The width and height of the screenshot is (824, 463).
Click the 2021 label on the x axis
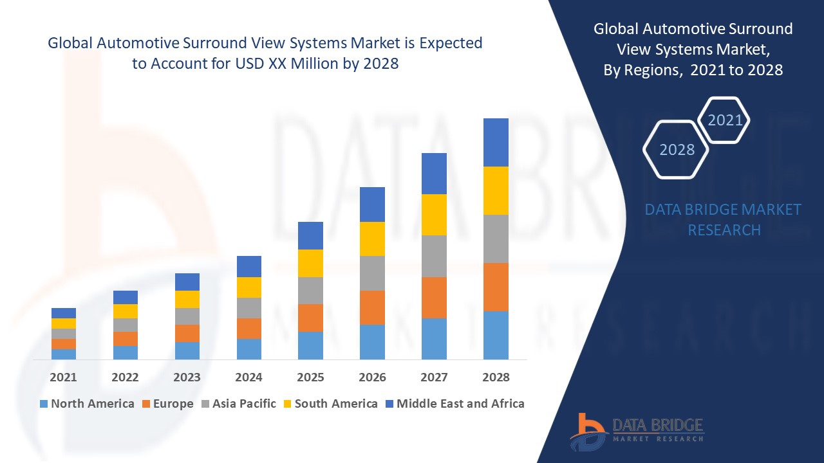63,377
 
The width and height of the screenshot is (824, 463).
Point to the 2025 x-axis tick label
310,377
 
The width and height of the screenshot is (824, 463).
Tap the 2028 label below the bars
496,377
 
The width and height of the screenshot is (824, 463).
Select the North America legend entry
87,404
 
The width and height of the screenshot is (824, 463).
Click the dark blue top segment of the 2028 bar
496,142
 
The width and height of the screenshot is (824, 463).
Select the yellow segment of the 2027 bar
434,215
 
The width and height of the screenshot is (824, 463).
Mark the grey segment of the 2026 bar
372,273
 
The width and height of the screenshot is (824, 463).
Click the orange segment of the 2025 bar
310,318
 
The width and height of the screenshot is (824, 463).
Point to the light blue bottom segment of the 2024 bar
249,349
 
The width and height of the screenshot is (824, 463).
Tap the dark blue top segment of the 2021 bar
64,313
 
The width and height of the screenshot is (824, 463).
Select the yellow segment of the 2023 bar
187,299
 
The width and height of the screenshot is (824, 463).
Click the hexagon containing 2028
676,149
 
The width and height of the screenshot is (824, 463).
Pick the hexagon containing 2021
724,120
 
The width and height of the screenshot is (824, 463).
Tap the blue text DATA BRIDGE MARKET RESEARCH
723,219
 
